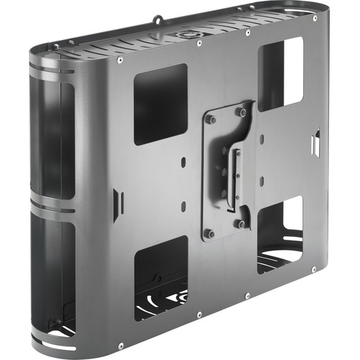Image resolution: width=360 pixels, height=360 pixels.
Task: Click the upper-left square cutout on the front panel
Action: [x=161, y=104]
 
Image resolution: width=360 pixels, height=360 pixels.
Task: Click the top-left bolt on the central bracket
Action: [x=211, y=120]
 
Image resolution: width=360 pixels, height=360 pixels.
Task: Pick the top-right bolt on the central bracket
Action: [x=241, y=112]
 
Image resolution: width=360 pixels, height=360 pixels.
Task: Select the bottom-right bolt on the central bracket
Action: [x=242, y=223]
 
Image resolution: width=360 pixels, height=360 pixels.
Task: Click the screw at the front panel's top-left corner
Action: [x=119, y=62]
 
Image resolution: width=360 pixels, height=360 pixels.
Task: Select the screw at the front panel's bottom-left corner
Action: [x=121, y=346]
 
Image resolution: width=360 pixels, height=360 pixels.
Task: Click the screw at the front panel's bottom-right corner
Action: [x=314, y=269]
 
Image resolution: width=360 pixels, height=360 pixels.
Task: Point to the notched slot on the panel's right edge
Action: [x=315, y=142]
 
